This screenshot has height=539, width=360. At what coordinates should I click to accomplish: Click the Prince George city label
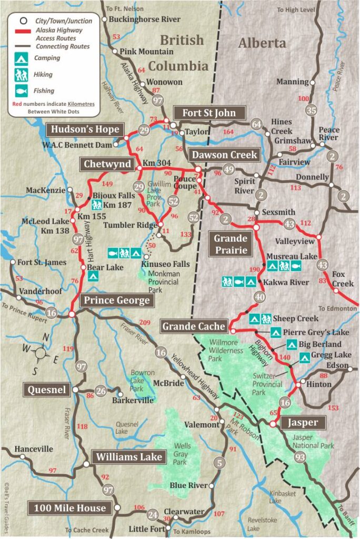tap(117, 301)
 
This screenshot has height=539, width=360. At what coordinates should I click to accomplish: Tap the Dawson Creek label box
tap(224, 154)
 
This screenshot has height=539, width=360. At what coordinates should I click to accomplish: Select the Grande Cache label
tap(194, 326)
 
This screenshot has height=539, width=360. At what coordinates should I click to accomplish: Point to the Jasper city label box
tap(303, 423)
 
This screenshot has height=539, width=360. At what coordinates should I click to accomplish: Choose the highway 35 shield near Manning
tap(312, 110)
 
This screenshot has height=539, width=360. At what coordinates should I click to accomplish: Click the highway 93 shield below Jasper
tap(300, 457)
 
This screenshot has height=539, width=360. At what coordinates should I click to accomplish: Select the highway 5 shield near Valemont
tap(219, 463)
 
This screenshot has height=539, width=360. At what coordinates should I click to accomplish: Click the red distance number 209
tap(145, 322)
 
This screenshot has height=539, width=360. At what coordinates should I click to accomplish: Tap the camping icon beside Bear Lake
tap(93, 277)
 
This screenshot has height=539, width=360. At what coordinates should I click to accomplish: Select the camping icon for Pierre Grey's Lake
tap(275, 332)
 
